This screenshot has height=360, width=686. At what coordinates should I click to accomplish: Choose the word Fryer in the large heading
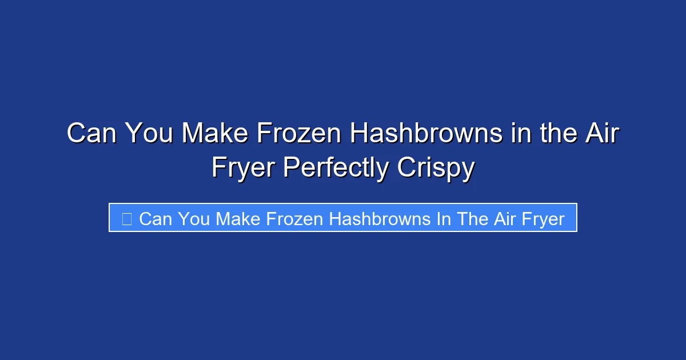pyautogui.click(x=243, y=169)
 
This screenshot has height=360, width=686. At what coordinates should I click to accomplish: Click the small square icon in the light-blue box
pyautogui.click(x=127, y=218)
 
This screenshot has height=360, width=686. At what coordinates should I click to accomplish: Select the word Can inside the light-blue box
pyautogui.click(x=154, y=218)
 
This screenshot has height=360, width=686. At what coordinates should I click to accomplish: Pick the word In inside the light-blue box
pyautogui.click(x=444, y=218)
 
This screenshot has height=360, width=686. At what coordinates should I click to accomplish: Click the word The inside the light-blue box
pyautogui.click(x=471, y=218)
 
